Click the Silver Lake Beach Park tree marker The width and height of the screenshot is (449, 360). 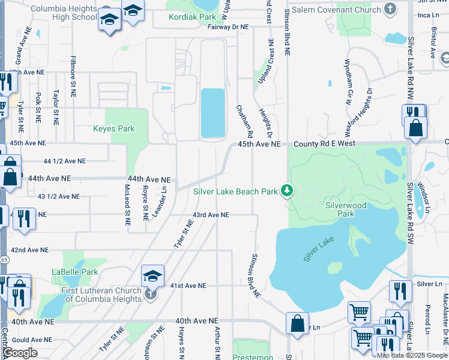click(288, 191)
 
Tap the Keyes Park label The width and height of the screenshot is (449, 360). click(113, 128)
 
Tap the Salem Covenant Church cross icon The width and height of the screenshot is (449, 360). click(390, 8)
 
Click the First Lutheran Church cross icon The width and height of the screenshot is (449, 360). click(151, 293)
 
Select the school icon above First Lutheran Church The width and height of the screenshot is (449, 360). click(152, 276)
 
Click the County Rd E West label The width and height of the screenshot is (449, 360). click(324, 144)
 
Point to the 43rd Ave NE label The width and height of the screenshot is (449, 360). click(211, 215)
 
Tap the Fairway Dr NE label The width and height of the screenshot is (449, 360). click(228, 27)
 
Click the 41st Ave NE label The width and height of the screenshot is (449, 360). click(188, 286)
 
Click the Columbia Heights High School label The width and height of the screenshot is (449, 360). click(63, 14)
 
